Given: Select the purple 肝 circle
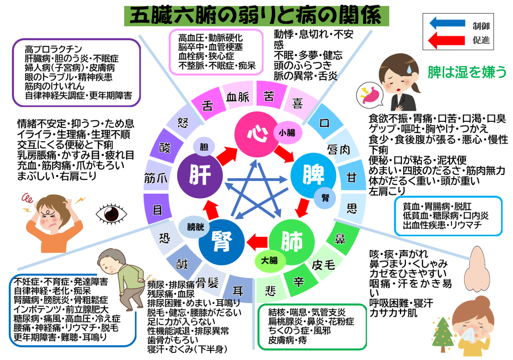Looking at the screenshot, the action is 200,176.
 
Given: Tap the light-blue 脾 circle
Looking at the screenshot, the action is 313,176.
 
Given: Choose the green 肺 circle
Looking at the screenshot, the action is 291,242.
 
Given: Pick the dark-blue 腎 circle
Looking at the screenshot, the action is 222,242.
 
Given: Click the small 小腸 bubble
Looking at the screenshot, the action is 288,133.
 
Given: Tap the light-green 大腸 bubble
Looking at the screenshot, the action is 270,261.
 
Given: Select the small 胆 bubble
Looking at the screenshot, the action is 204,147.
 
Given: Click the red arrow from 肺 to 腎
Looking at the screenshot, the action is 257,242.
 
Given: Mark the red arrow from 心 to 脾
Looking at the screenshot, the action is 284,154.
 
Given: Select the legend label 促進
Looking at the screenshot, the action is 481,40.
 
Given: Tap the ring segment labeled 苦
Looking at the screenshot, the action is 270,95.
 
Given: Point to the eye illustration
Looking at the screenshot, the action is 111,214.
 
